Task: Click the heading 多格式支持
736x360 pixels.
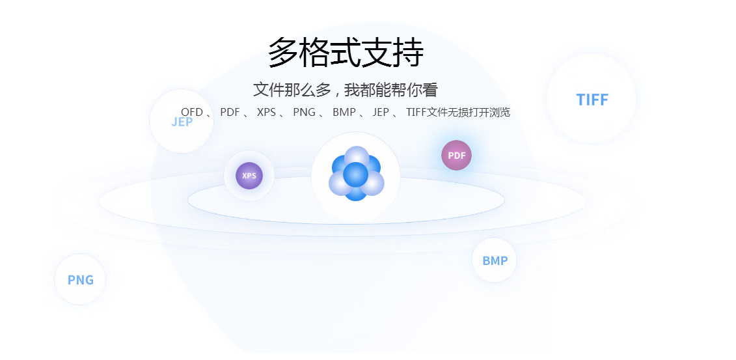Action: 346,52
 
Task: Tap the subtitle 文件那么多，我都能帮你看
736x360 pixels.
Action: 345,90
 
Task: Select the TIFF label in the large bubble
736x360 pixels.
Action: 592,100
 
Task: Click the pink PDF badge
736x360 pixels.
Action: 456,156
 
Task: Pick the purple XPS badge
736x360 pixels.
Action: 249,176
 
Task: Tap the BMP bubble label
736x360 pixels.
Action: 495,260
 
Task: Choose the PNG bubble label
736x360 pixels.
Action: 80,280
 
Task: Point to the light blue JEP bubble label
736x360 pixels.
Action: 182,122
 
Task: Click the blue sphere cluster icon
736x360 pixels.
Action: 356,174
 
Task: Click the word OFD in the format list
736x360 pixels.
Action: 192,112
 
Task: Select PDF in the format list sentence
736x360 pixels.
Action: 230,112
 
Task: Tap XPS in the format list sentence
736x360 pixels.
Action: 267,112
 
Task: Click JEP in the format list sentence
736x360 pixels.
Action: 381,112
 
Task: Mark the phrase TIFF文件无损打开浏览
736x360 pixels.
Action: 458,112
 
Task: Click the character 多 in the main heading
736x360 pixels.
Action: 283,52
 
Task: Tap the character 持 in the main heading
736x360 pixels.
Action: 409,52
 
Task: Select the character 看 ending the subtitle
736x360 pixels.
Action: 430,90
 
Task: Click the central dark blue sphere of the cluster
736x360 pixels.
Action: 356,174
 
